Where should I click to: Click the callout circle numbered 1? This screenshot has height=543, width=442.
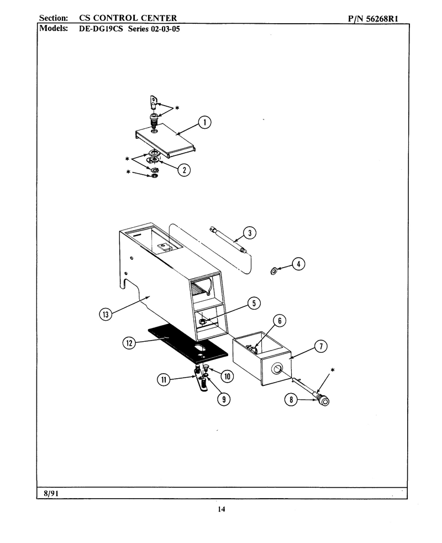tap(204, 122)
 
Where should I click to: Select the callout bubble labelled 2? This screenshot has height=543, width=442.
tap(184, 170)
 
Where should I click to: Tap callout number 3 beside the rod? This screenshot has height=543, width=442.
tap(250, 233)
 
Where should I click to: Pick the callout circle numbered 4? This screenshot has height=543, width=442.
tap(298, 264)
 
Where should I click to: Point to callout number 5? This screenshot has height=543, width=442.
tap(254, 304)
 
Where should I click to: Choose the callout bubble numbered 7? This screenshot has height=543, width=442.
tap(321, 346)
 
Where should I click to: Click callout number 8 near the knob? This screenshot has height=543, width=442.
tap(291, 400)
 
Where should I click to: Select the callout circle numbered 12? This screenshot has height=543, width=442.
tap(129, 343)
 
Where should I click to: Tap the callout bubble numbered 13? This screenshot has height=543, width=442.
tap(106, 314)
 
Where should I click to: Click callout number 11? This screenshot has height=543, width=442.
tap(164, 379)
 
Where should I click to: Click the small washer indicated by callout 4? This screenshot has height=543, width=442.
tap(273, 270)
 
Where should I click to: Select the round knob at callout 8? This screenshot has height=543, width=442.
tap(324, 401)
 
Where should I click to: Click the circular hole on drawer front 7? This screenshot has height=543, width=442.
tap(277, 369)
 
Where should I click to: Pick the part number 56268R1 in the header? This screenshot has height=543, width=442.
tap(382, 19)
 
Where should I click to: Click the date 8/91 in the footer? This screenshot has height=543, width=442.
tap(51, 493)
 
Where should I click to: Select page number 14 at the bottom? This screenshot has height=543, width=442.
tap(222, 509)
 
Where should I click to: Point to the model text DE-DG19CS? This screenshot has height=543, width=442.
tap(101, 28)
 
